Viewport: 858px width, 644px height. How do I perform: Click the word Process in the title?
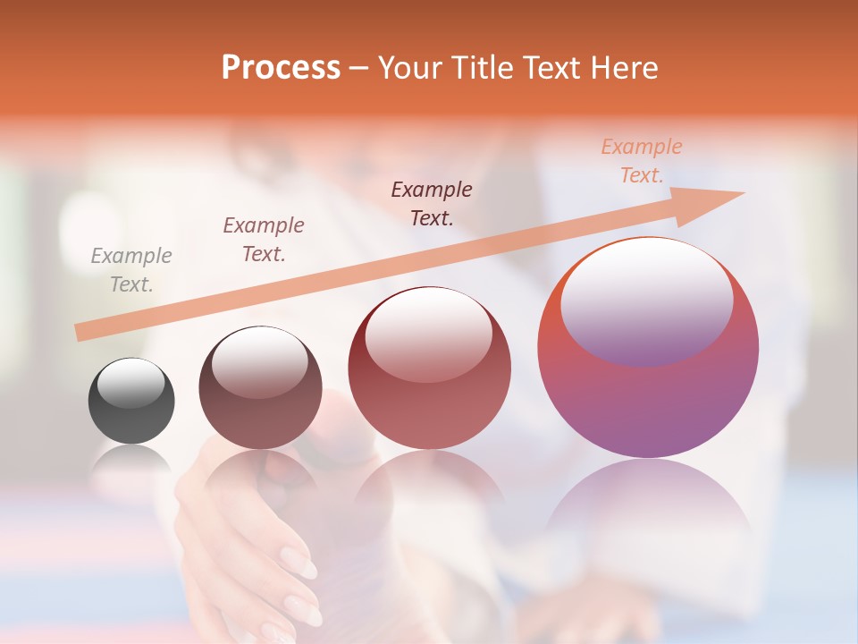(x=281, y=68)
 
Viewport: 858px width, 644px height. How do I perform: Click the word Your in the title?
(x=408, y=68)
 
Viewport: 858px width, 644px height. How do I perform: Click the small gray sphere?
(x=131, y=401)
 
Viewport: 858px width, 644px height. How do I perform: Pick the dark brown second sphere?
(x=260, y=388)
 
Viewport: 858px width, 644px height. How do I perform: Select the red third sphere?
(x=429, y=369)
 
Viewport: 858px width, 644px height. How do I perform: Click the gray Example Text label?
(x=131, y=270)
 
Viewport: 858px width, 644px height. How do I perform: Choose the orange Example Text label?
(x=642, y=161)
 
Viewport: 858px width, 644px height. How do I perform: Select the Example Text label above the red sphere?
(x=432, y=203)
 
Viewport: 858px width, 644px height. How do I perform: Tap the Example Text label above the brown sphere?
(x=264, y=240)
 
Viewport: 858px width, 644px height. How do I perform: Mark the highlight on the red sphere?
(x=428, y=334)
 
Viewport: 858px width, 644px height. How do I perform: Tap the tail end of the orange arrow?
(x=82, y=332)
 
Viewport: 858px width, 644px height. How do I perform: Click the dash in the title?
(x=358, y=69)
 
